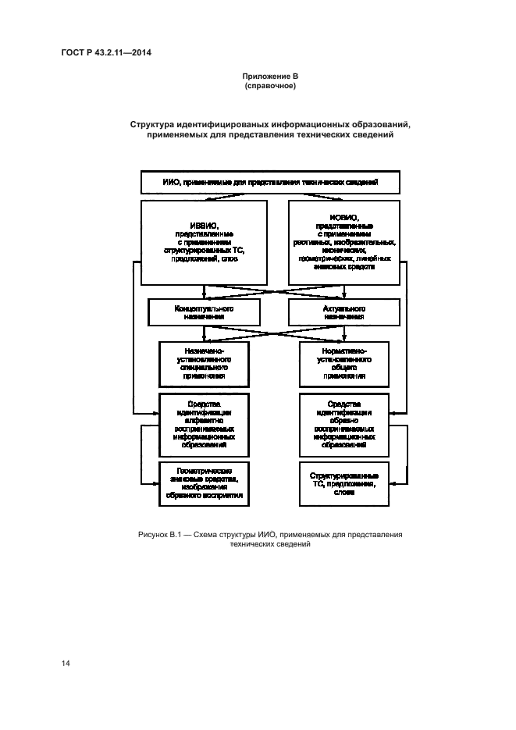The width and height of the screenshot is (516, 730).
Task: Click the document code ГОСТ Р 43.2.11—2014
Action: (105, 52)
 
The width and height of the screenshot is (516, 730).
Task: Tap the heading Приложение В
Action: (269, 76)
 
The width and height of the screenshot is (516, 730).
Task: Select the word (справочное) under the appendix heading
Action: (269, 86)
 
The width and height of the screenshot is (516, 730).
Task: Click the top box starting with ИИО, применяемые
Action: (270, 182)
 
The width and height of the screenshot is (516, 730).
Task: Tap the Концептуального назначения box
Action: (204, 313)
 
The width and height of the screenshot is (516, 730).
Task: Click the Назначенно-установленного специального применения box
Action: (204, 363)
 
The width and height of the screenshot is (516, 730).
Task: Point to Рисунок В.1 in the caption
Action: (159, 535)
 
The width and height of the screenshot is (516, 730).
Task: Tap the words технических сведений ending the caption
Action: (270, 545)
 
